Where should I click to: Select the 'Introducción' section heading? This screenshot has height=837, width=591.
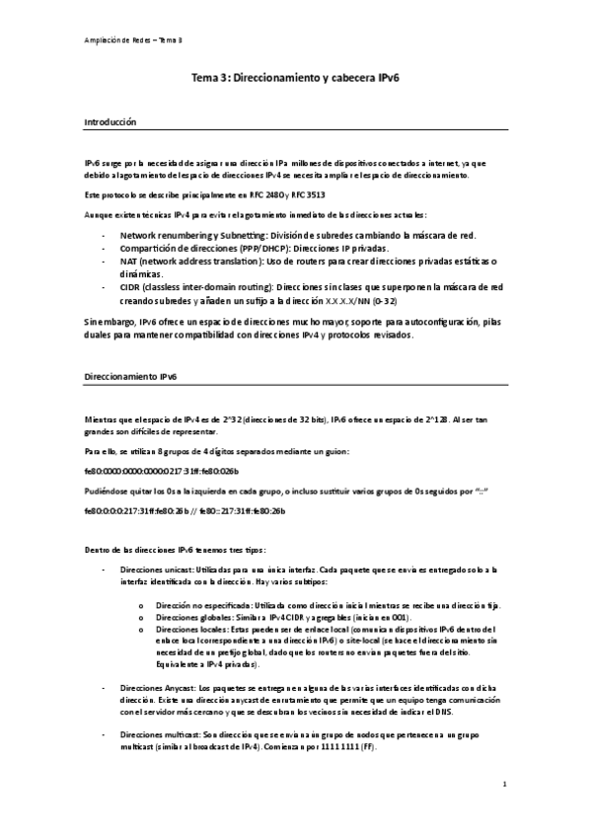pos(110,121)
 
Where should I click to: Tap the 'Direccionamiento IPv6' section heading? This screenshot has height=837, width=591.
pos(130,378)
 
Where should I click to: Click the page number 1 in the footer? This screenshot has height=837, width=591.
pos(504,786)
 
